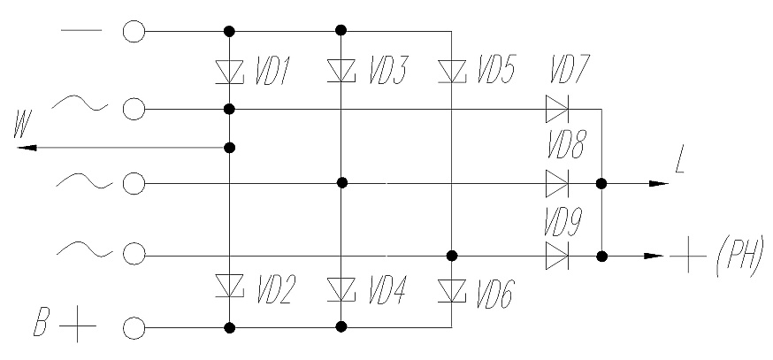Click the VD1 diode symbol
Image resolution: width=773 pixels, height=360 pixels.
point(230,72)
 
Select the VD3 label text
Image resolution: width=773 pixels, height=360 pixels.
point(387,71)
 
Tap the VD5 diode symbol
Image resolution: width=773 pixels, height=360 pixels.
point(452,72)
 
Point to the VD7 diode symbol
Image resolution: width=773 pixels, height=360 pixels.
point(557,109)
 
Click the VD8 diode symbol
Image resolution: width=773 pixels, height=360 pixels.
point(557,183)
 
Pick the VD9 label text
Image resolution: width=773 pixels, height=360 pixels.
point(563,222)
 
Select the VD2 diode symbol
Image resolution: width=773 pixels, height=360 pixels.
point(230,286)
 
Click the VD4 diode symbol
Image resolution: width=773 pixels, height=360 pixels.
point(341,289)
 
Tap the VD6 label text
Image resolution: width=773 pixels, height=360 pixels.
point(495,294)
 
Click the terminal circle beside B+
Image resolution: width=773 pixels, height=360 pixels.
point(134,328)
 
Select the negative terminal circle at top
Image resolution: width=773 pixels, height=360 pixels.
point(134,31)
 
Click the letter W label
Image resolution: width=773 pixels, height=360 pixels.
point(23,126)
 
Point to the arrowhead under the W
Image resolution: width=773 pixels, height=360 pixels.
point(27,148)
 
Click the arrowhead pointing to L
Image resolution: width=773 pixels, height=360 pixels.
point(659,183)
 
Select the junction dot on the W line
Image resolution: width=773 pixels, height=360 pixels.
point(229,148)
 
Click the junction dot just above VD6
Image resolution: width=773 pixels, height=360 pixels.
point(452,256)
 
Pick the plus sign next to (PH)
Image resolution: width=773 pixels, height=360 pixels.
point(688,256)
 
